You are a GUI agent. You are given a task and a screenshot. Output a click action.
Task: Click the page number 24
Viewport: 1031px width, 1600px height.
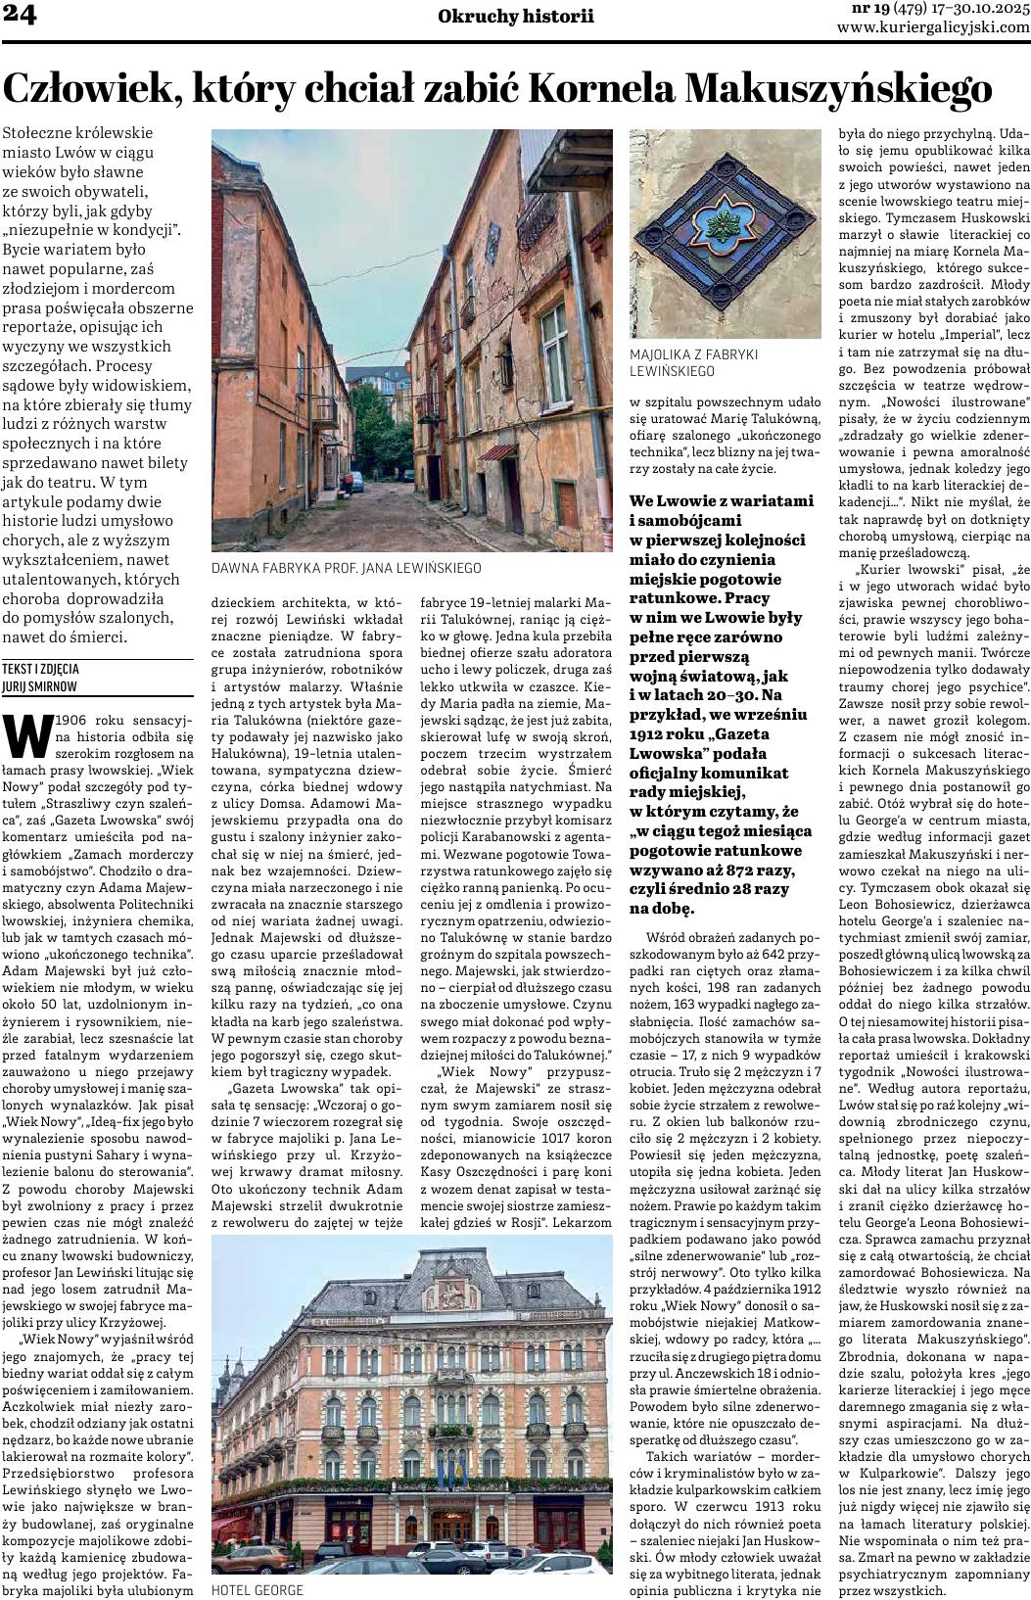(21, 17)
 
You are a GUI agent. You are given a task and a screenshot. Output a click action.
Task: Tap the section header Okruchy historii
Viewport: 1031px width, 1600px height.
(516, 16)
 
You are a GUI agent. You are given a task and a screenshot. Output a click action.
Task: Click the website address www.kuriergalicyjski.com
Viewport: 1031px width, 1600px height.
(933, 27)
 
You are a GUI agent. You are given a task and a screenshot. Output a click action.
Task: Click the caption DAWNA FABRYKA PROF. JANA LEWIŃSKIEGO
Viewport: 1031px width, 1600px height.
(346, 568)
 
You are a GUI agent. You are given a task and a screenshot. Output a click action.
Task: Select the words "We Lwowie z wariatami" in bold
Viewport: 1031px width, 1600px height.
(721, 500)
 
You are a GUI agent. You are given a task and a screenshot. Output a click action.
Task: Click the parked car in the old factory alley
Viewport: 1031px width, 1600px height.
(356, 480)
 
